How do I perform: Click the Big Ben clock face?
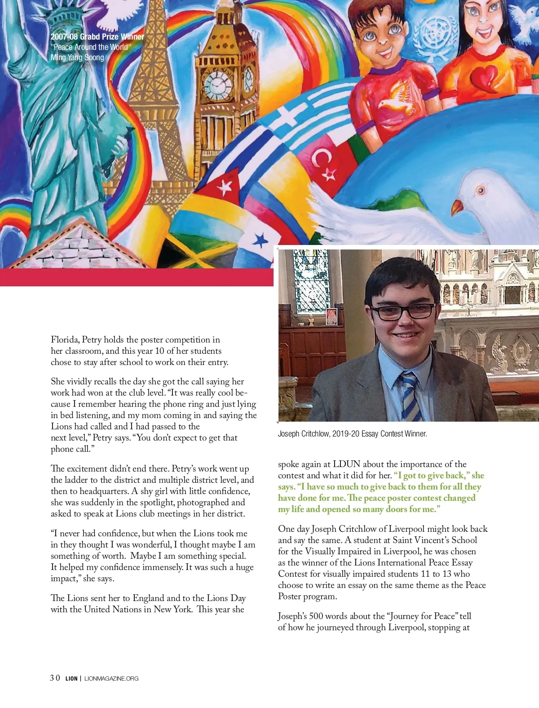coord(219,85)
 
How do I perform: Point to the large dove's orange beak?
coord(457,207)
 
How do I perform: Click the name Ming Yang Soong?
coord(77,58)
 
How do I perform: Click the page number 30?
coord(55,678)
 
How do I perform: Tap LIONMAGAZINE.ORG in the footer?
coord(111,678)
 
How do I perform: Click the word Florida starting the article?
coord(65,340)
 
